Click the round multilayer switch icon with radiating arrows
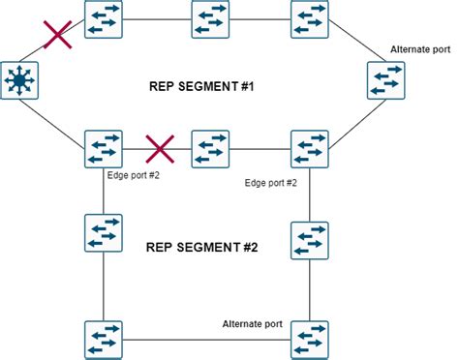tap(18, 81)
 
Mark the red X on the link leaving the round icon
tap(59, 36)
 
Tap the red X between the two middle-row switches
tap(159, 150)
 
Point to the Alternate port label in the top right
tap(419, 48)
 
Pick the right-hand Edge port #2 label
tap(270, 182)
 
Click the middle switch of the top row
tap(210, 19)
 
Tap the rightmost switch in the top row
tap(310, 19)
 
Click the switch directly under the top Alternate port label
tap(385, 80)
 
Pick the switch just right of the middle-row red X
tap(210, 150)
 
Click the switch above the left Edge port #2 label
tap(102, 150)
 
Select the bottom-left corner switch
tap(102, 339)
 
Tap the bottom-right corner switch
tap(310, 339)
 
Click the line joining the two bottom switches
tap(205, 339)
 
